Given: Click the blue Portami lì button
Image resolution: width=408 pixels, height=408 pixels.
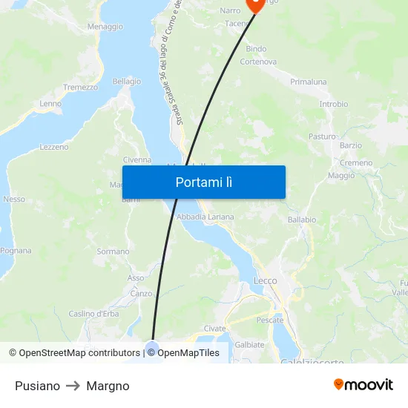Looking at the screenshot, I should [x=203, y=182].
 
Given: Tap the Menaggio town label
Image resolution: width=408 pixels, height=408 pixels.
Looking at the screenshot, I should [x=105, y=27].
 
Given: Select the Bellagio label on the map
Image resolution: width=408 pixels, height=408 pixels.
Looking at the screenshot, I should [x=127, y=82].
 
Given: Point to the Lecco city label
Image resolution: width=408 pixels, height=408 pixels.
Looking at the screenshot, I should [x=265, y=281].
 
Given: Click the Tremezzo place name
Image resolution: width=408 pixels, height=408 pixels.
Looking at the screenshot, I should [x=80, y=87].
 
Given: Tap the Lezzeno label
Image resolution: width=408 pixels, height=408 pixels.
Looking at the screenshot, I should [x=54, y=147].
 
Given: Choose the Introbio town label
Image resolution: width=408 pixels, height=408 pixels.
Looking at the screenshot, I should [x=333, y=105].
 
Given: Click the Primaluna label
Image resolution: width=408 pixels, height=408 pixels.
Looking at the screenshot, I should [x=309, y=82].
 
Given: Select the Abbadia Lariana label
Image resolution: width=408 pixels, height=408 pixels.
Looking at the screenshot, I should [x=205, y=217].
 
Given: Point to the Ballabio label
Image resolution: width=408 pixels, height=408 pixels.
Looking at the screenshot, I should [x=301, y=220].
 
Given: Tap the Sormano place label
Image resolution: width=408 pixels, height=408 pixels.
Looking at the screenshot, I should [x=113, y=251].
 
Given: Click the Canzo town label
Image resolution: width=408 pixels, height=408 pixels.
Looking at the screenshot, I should [x=141, y=293].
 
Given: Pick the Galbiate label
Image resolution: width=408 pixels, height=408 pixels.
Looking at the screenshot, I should [x=249, y=344].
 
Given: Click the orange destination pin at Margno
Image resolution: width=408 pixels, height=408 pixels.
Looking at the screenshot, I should [x=256, y=4].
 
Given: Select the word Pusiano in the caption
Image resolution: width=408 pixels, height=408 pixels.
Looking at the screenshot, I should [x=37, y=386].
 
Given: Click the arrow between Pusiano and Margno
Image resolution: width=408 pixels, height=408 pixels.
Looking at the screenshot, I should [x=73, y=386].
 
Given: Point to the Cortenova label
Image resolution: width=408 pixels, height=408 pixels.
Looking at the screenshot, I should [x=258, y=62].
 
